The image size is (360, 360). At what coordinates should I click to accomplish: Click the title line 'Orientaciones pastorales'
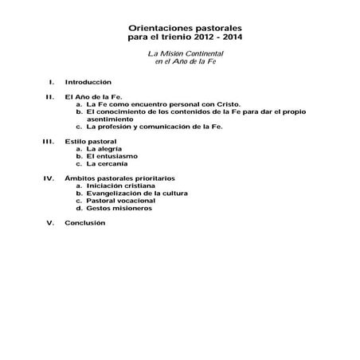coord(179,26)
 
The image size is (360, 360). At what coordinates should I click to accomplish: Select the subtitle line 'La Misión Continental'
coord(179,53)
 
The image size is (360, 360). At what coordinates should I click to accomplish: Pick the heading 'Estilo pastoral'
coord(93,141)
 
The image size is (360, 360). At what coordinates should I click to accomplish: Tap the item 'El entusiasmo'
coord(112,156)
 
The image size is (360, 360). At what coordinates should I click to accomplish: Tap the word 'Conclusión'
coord(85,222)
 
